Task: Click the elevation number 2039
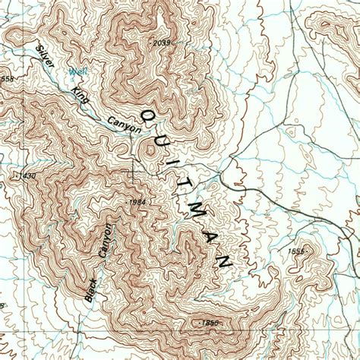(x=160, y=42)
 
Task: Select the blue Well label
(x=76, y=72)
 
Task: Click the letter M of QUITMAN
(x=197, y=213)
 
